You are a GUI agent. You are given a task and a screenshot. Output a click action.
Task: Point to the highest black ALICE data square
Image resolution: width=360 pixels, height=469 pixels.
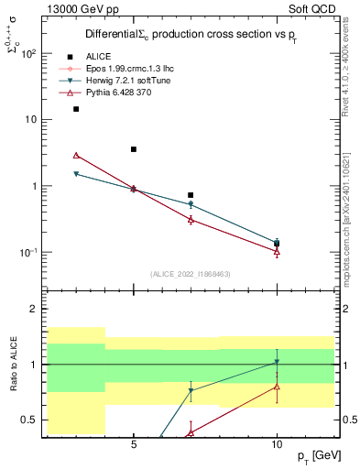coord(76,109)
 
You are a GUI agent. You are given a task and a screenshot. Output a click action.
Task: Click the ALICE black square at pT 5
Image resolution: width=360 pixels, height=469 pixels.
coord(134,149)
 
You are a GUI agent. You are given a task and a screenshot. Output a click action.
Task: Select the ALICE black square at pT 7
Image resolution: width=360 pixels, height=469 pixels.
coord(191,195)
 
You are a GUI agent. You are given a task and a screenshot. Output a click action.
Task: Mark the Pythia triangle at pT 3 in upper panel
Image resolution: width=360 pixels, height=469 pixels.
coord(76,156)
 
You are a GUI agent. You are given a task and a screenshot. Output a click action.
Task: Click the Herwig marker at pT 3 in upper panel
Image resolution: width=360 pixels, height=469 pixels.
coord(76,174)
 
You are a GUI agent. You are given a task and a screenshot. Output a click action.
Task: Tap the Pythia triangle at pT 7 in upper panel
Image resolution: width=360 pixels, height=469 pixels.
coord(191,220)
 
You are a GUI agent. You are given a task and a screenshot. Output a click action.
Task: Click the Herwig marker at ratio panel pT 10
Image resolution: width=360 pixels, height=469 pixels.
coord(277,362)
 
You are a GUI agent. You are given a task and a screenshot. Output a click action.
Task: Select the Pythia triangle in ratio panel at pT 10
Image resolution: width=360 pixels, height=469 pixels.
coord(277,386)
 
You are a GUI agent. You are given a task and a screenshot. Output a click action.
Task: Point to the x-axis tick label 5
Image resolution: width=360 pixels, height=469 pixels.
coord(134,443)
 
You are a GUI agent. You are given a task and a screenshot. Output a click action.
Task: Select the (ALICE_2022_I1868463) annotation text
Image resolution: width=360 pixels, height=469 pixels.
coord(191,274)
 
